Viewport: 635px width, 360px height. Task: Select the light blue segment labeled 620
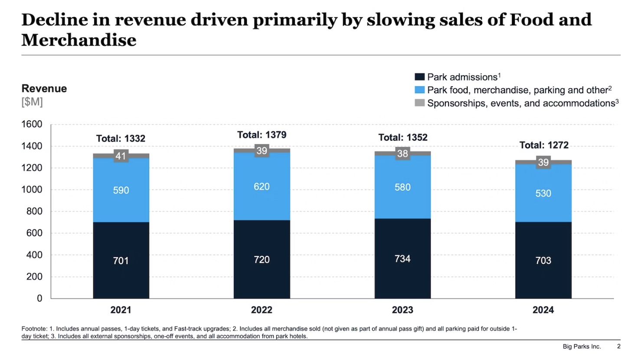(262, 187)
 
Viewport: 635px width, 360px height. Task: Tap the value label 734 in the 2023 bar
(403, 259)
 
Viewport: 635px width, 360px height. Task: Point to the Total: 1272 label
(544, 145)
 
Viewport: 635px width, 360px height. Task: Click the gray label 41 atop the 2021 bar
(121, 156)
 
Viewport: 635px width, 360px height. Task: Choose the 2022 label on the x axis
(262, 310)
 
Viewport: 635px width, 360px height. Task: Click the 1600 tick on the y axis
(32, 124)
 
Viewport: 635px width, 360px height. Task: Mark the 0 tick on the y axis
(39, 298)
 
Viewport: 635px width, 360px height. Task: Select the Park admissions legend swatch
(419, 77)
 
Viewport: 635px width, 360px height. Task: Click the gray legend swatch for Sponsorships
(419, 103)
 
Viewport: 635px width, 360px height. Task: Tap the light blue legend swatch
(419, 90)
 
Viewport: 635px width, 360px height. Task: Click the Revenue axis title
(44, 88)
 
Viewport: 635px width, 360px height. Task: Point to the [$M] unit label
(32, 102)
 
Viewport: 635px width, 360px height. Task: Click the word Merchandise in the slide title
(79, 40)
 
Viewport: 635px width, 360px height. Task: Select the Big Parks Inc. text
(582, 347)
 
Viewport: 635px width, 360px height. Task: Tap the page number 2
(619, 347)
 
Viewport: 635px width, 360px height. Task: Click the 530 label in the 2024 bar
(543, 193)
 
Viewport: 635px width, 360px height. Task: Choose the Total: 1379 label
(262, 135)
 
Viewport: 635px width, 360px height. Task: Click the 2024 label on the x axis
(543, 310)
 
